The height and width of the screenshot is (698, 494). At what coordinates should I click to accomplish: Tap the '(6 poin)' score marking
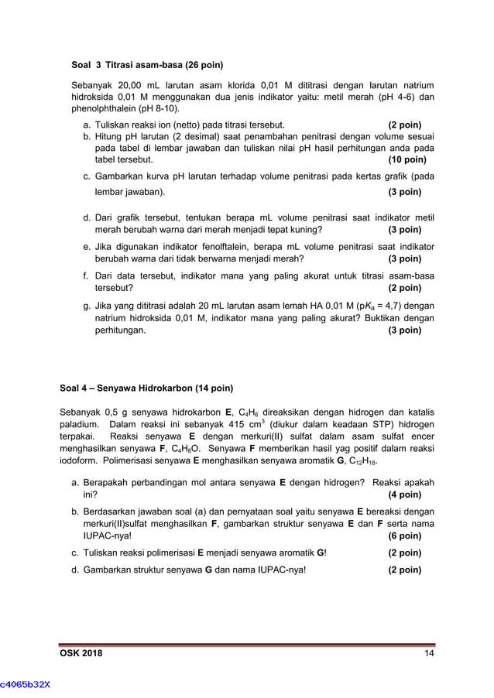404,535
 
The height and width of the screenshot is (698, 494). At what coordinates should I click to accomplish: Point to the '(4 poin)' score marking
404,494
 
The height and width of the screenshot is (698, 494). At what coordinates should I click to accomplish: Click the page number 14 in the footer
429,655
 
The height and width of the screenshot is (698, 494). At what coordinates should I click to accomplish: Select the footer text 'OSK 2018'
81,655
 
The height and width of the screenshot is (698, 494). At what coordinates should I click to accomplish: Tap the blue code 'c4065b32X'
26,684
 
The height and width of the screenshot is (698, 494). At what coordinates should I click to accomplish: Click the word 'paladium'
79,424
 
